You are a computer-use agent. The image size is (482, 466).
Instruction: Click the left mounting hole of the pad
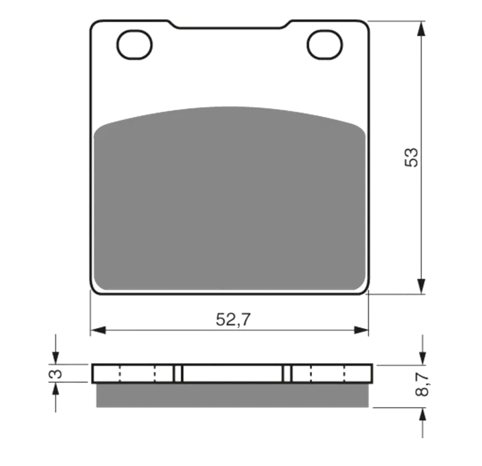[x=135, y=45]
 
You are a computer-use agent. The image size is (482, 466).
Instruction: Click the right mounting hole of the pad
[x=325, y=45]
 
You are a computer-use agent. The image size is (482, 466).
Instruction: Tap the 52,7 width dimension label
[x=233, y=319]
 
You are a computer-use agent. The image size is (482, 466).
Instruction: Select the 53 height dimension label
[x=411, y=157]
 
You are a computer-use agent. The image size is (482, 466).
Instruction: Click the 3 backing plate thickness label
[x=56, y=374]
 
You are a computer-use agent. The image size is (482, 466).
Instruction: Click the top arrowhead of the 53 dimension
[x=422, y=29]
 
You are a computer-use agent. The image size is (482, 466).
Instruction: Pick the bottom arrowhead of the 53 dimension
[x=422, y=286]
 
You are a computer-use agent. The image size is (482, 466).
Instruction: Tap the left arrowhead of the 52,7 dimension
[x=98, y=331]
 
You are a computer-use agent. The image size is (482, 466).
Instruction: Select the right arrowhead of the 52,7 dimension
[x=361, y=331]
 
